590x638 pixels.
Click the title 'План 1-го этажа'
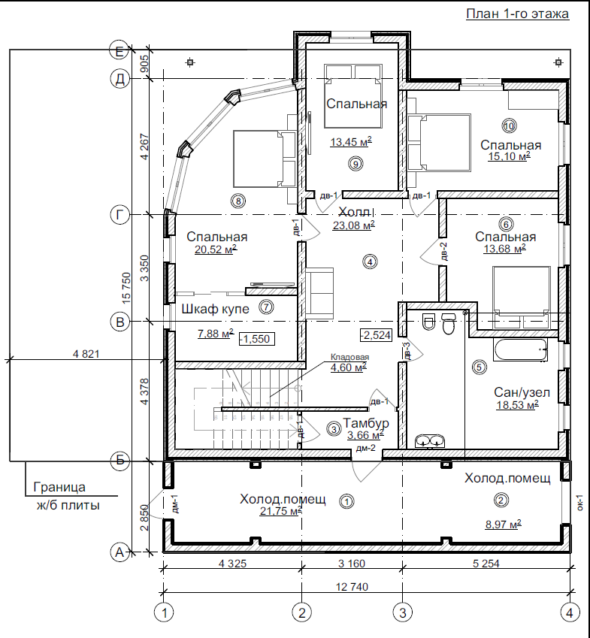click(517, 14)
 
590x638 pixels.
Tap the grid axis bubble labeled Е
click(120, 51)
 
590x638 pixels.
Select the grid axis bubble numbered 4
click(570, 612)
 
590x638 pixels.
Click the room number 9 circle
click(356, 164)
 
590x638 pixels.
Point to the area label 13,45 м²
click(351, 142)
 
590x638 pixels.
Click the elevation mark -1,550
click(257, 339)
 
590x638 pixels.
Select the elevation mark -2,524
click(376, 335)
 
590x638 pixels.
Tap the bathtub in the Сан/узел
click(520, 350)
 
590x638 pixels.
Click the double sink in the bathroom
click(430, 440)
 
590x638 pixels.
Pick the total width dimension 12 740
click(352, 587)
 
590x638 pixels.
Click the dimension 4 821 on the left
click(86, 354)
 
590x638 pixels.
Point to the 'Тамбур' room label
click(366, 423)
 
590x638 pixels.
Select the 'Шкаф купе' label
click(215, 309)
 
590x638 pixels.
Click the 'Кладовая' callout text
click(349, 357)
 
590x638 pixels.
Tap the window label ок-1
click(580, 502)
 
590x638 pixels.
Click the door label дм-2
click(366, 449)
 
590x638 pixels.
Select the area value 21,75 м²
click(281, 511)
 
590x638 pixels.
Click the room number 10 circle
click(509, 126)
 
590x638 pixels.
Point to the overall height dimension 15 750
click(126, 288)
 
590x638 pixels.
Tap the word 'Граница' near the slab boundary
click(59, 487)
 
